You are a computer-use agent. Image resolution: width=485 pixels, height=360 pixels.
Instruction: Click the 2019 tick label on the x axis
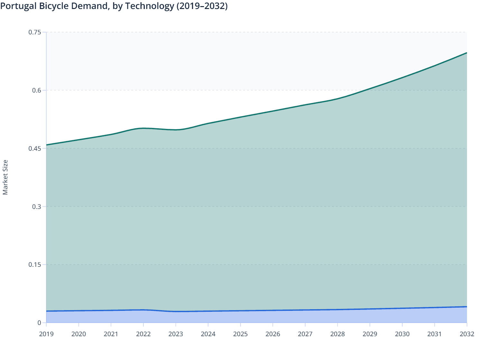click(x=46, y=334)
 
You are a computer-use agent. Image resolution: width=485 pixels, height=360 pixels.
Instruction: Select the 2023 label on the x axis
click(x=176, y=334)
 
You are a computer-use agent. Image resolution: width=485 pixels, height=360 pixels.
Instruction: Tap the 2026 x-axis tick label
click(x=273, y=334)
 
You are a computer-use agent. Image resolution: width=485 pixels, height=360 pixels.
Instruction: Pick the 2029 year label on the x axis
click(x=370, y=334)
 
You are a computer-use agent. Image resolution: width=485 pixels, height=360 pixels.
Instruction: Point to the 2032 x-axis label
click(x=467, y=334)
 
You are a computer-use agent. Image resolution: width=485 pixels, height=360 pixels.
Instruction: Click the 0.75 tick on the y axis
click(x=35, y=32)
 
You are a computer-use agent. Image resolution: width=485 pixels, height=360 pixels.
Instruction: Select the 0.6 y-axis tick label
click(x=37, y=90)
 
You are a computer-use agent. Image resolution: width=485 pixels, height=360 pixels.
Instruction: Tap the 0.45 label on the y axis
click(x=35, y=148)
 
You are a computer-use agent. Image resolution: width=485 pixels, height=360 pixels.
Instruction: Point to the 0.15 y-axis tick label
click(x=35, y=265)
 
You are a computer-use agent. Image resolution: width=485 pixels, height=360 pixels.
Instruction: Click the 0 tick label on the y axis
click(x=39, y=323)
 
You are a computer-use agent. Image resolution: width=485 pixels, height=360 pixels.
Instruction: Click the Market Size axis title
click(x=5, y=177)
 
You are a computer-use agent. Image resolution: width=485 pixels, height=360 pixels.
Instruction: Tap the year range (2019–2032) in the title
click(x=202, y=6)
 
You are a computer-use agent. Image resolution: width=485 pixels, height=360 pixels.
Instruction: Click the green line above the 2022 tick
click(x=143, y=128)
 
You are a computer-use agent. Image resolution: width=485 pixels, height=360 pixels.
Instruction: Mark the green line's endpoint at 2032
click(x=466, y=53)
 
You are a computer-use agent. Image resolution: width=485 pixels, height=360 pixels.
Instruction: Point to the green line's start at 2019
click(x=47, y=145)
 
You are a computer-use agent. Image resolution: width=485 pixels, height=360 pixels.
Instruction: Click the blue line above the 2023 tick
click(x=176, y=311)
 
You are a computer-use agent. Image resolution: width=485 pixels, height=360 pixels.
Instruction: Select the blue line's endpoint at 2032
click(x=466, y=307)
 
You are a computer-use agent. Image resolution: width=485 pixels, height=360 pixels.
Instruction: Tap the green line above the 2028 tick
click(x=337, y=99)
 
